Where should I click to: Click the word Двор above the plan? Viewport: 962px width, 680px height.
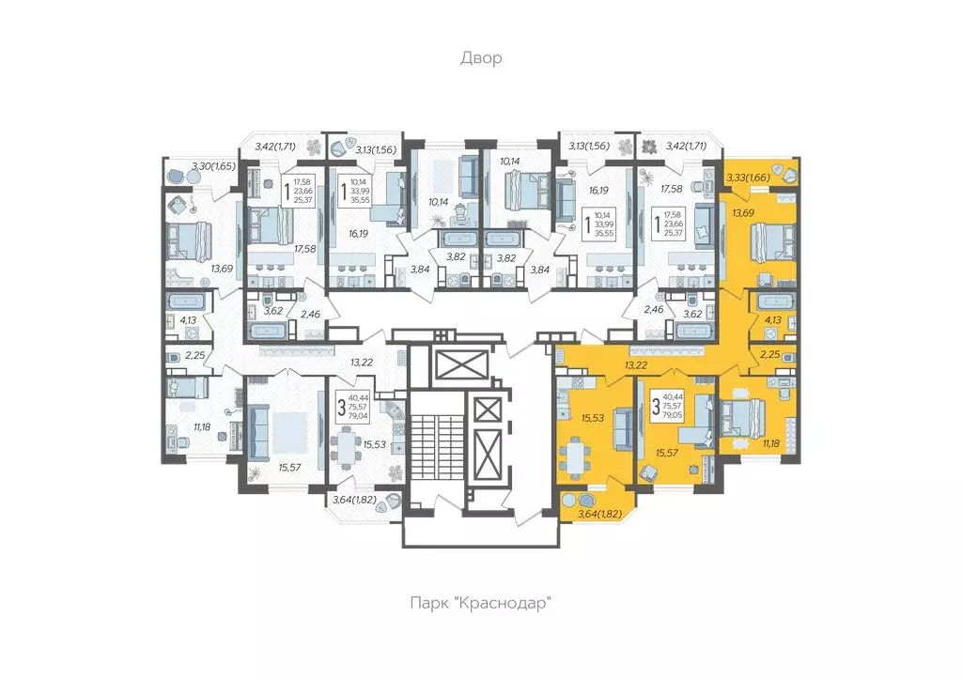480,58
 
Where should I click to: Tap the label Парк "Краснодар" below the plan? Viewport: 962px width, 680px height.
480,602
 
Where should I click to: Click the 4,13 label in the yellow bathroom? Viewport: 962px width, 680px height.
773,319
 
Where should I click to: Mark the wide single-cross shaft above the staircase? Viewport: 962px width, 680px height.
446,362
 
